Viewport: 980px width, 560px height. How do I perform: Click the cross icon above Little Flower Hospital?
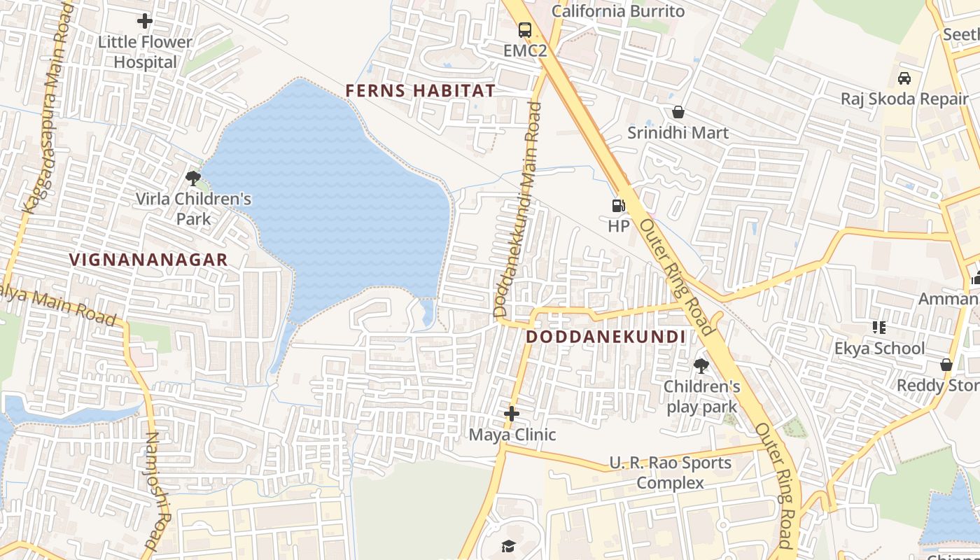point(145,21)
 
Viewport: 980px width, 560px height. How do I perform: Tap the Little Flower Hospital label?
point(145,52)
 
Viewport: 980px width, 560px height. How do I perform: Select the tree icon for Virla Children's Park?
point(193,178)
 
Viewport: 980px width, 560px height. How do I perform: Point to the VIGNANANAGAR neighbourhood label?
point(148,260)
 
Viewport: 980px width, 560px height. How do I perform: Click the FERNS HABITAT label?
point(420,90)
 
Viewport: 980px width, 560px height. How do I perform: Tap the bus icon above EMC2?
point(524,29)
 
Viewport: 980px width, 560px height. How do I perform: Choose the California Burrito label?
point(618,11)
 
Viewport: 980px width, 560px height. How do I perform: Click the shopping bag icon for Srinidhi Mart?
point(678,112)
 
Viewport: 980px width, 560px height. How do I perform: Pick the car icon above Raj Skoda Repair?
point(904,78)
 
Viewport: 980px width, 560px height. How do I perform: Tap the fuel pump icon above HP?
point(618,205)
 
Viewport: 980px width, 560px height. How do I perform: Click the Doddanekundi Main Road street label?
point(518,210)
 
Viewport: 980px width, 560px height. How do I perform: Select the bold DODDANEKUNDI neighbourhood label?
point(605,337)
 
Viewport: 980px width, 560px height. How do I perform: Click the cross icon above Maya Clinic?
point(512,414)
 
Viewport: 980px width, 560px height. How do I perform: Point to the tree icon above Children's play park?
point(701,365)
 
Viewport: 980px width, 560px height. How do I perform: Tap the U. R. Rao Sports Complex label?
point(670,472)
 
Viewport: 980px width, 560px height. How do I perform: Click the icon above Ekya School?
point(879,327)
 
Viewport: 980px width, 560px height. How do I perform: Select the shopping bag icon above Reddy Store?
point(946,365)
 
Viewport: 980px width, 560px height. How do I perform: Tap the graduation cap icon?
point(509,546)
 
